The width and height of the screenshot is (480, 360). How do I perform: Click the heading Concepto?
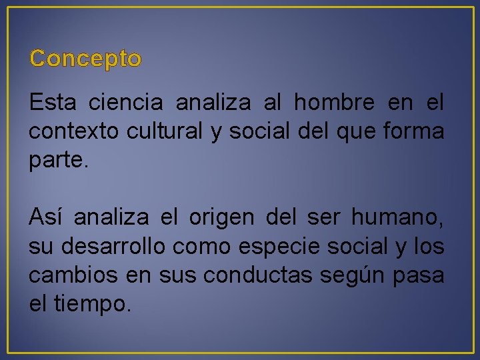coord(85,59)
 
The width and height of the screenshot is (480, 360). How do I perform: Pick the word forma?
coord(416,131)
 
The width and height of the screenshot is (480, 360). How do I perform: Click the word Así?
coord(45,217)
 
